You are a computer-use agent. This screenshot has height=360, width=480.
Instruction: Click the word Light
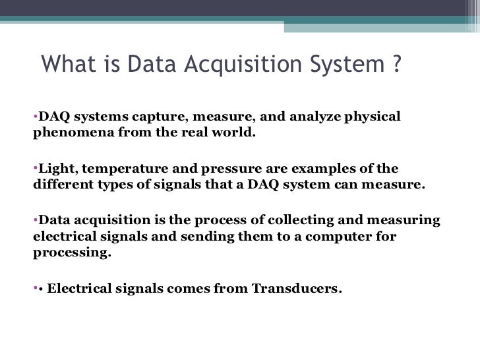(53, 168)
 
